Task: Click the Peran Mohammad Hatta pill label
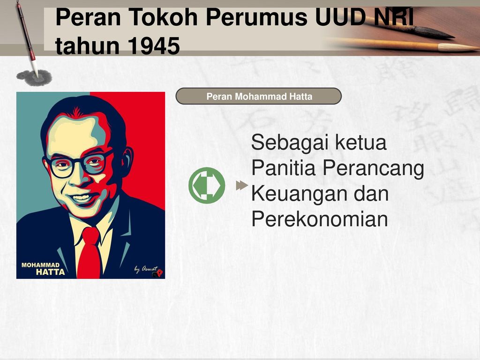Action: coord(259,97)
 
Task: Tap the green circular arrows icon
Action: coord(207,185)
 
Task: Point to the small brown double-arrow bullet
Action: coord(241,185)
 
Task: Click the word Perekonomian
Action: coord(320,219)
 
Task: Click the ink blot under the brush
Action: coord(34,76)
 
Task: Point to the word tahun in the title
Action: coord(82,46)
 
